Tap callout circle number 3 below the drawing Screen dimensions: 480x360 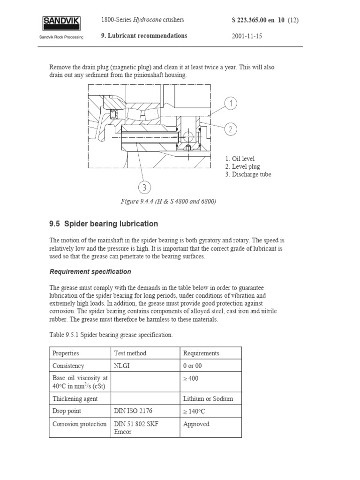click(145, 188)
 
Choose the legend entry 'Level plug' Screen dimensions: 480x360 click(242, 166)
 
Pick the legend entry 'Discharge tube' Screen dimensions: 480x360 click(248, 174)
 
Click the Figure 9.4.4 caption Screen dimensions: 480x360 click(169, 202)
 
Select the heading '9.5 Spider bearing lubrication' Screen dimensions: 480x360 click(104, 224)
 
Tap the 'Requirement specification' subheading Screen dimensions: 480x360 click(90, 272)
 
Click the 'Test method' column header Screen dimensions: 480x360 click(130, 353)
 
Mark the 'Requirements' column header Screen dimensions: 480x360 click(201, 353)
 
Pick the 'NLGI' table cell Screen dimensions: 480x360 click(122, 366)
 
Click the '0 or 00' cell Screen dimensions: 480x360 click(192, 366)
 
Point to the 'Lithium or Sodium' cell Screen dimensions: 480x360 click(208, 399)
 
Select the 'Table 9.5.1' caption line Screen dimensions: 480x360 click(111, 335)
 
